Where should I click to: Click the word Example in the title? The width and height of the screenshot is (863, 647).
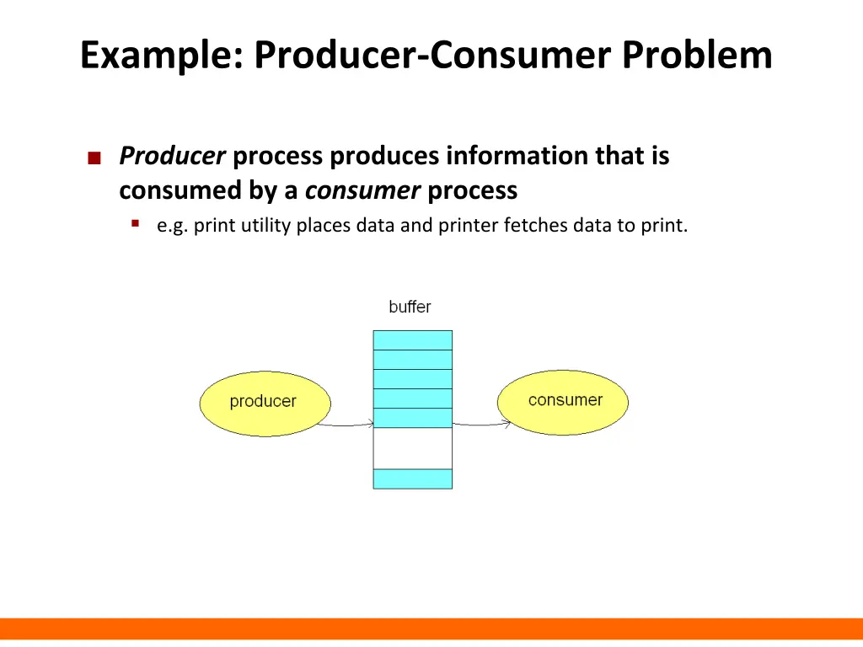point(160,56)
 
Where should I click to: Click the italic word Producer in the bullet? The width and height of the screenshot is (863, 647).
point(172,156)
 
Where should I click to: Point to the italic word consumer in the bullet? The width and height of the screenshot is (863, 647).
point(362,191)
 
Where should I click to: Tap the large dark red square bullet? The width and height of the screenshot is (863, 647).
point(94,158)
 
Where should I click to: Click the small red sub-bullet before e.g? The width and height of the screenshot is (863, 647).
point(135,223)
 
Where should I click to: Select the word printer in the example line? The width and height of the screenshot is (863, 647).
point(465,226)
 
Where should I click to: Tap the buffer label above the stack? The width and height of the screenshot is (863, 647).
point(410,307)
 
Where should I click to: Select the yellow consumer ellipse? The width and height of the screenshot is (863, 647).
point(564,400)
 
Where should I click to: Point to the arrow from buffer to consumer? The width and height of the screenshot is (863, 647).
point(480,424)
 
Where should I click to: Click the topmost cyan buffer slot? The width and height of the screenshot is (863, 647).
point(413,340)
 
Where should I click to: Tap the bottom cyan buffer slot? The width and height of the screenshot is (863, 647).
point(413,479)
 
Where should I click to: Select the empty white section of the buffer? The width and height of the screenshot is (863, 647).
point(413,448)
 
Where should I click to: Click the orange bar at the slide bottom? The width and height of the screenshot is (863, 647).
point(431,628)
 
